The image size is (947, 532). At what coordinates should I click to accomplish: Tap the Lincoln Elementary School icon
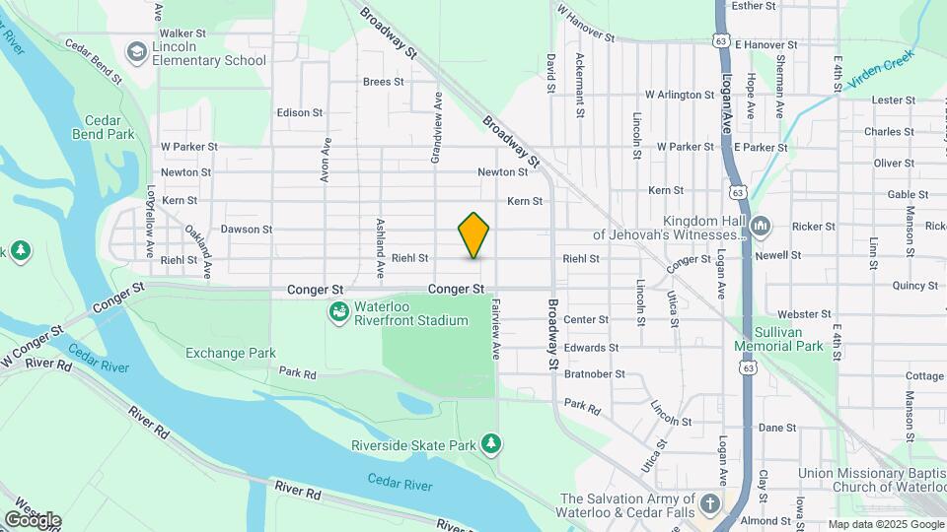(x=136, y=50)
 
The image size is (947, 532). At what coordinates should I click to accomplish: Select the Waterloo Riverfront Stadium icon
(x=338, y=313)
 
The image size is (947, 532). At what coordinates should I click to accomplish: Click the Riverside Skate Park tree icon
(x=491, y=445)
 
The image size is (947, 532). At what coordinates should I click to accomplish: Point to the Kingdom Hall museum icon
(x=760, y=228)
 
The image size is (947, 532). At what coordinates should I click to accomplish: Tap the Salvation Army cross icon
(x=709, y=505)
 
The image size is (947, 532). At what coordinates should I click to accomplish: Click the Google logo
(x=33, y=520)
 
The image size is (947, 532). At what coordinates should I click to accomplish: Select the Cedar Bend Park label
(x=103, y=124)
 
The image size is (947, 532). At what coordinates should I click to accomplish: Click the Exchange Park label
(x=231, y=353)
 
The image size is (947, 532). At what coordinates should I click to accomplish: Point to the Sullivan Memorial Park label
(x=778, y=339)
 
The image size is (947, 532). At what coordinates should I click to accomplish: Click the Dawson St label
(x=247, y=230)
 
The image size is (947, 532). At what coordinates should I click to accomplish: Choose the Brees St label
(x=385, y=82)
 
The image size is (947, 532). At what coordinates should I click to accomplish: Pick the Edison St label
(x=300, y=113)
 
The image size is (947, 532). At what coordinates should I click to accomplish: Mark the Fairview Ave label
(x=496, y=328)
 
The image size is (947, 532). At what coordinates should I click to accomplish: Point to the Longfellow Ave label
(x=152, y=208)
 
